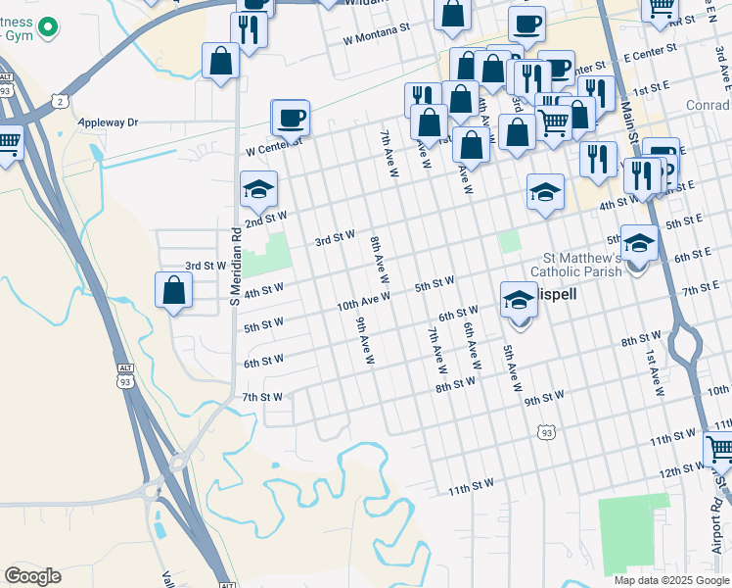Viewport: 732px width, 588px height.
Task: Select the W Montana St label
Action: pyautogui.click(x=376, y=30)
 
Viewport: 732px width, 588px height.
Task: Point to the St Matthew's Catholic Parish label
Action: pyautogui.click(x=575, y=265)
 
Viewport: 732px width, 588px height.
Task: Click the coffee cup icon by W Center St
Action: pyautogui.click(x=291, y=119)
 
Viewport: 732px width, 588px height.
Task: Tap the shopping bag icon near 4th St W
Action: pyautogui.click(x=173, y=290)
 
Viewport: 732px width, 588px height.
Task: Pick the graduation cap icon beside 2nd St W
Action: pyautogui.click(x=259, y=189)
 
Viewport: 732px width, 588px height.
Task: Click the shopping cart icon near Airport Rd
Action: pyautogui.click(x=719, y=450)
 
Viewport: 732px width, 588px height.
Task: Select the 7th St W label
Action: pyautogui.click(x=262, y=397)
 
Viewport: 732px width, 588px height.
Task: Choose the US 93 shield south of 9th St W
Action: pyautogui.click(x=546, y=431)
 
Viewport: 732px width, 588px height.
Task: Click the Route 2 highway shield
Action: pyautogui.click(x=63, y=101)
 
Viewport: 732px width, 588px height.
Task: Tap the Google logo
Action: pyautogui.click(x=32, y=575)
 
